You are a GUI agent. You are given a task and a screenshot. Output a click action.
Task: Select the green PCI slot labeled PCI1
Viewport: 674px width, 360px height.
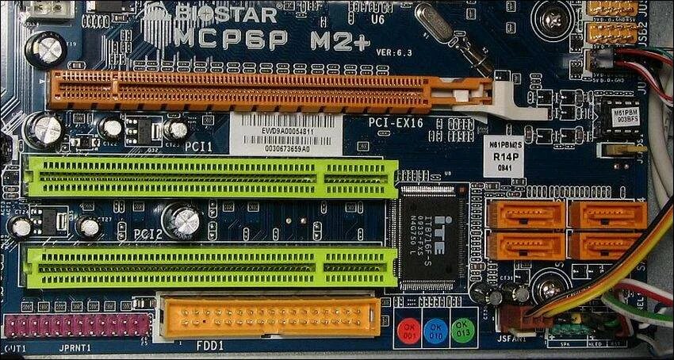pos(211,177)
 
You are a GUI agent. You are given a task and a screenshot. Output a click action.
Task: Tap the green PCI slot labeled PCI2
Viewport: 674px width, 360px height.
pos(211,266)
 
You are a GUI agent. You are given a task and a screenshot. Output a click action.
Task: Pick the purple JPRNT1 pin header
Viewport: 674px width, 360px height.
pos(77,325)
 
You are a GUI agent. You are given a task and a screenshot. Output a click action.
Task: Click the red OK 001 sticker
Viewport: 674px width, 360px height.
pos(410,330)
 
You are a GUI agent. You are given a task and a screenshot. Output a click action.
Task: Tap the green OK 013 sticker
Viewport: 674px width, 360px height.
pos(464,330)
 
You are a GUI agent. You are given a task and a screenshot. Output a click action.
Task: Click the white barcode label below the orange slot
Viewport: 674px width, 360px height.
pos(286,135)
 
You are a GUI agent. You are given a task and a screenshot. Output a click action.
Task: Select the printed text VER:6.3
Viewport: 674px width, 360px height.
pos(395,52)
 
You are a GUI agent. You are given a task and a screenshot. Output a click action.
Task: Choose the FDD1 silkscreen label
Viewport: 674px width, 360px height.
pos(210,346)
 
